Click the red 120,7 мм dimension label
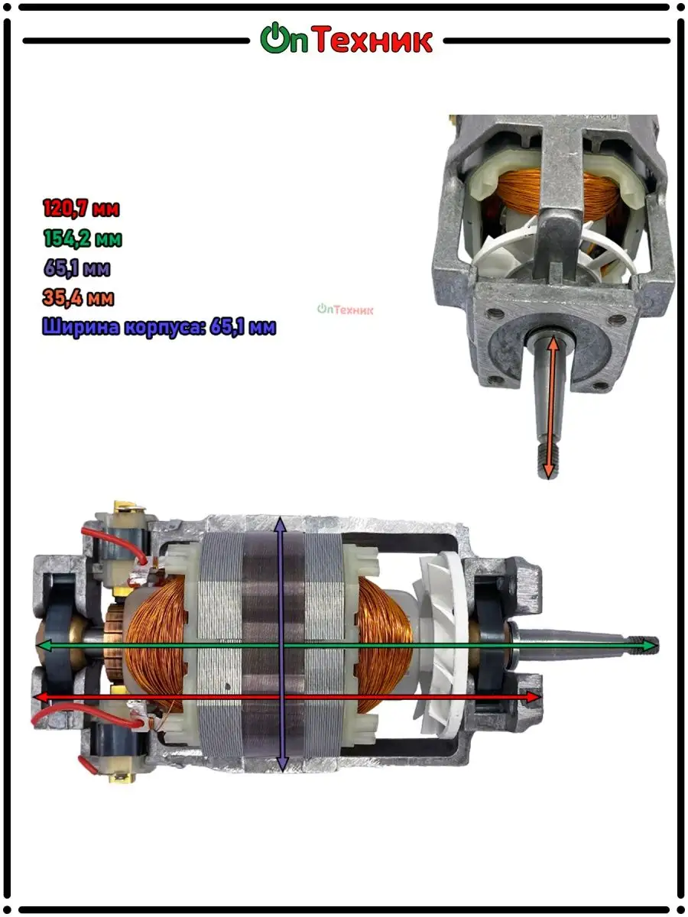click(81, 208)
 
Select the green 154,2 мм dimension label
click(83, 238)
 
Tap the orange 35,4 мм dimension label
click(78, 298)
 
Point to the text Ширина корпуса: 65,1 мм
click(159, 327)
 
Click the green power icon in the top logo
click(274, 37)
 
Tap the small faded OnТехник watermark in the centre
click(345, 309)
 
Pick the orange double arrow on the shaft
click(551, 407)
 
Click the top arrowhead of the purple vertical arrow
click(281, 525)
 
